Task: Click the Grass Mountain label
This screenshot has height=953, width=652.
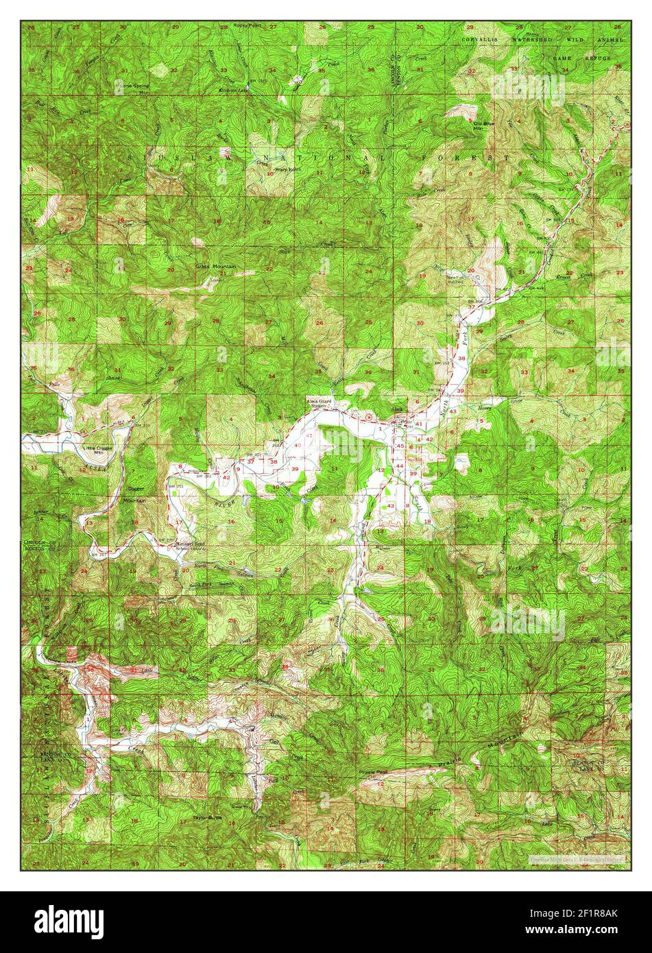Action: point(215,266)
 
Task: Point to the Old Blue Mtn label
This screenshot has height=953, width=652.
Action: point(484,125)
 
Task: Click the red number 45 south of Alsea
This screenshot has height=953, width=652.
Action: point(400,447)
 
